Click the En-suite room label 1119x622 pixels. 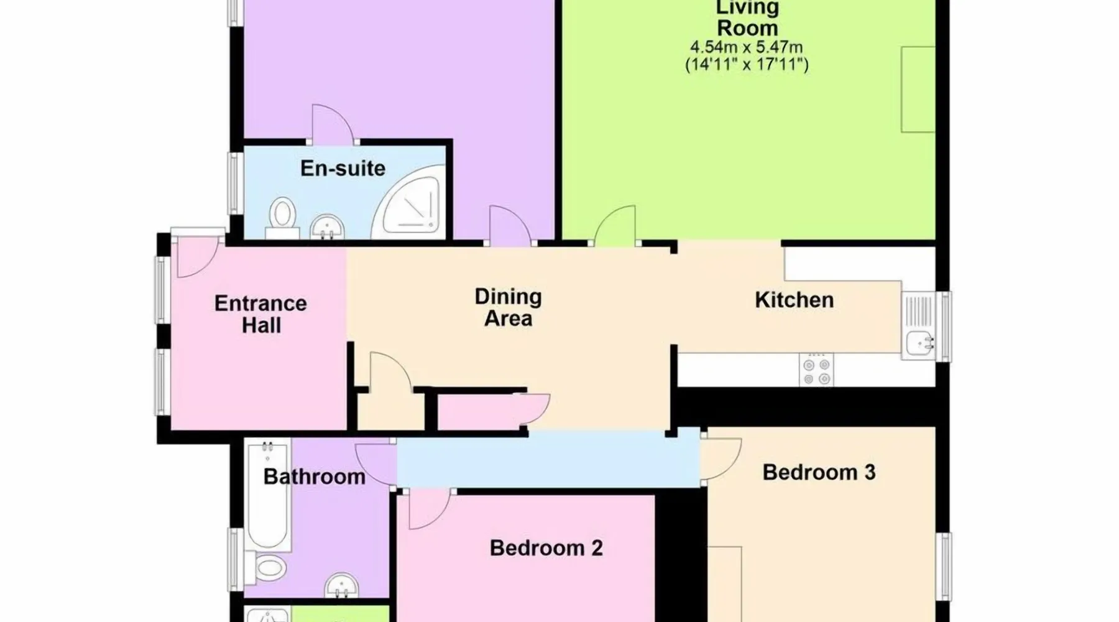343,169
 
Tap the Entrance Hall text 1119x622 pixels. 260,314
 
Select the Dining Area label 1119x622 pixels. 508,307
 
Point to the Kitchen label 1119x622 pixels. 794,300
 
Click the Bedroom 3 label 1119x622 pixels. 819,472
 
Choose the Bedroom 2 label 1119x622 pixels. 546,548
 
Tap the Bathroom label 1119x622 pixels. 314,477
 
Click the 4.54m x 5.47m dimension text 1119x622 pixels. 746,47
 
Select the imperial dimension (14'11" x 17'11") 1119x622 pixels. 746,65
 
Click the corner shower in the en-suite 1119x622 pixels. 408,202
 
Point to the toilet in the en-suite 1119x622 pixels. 283,218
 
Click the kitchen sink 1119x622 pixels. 918,326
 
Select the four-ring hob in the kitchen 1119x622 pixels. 816,369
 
